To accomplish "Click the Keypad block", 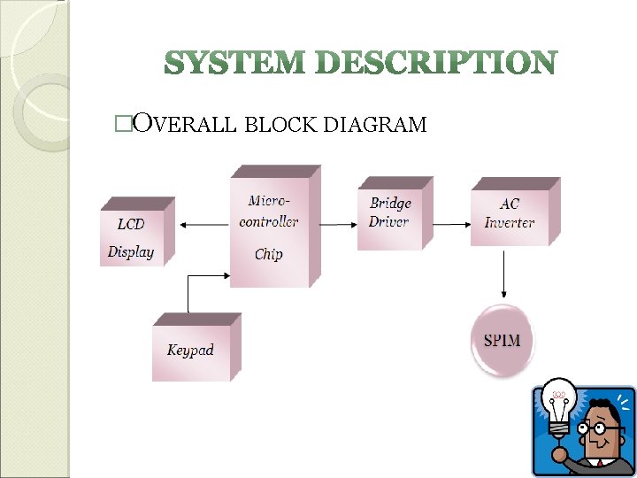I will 191,350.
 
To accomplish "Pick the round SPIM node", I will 502,340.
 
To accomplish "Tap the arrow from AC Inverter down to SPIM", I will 504,274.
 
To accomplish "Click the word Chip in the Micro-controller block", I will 269,254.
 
